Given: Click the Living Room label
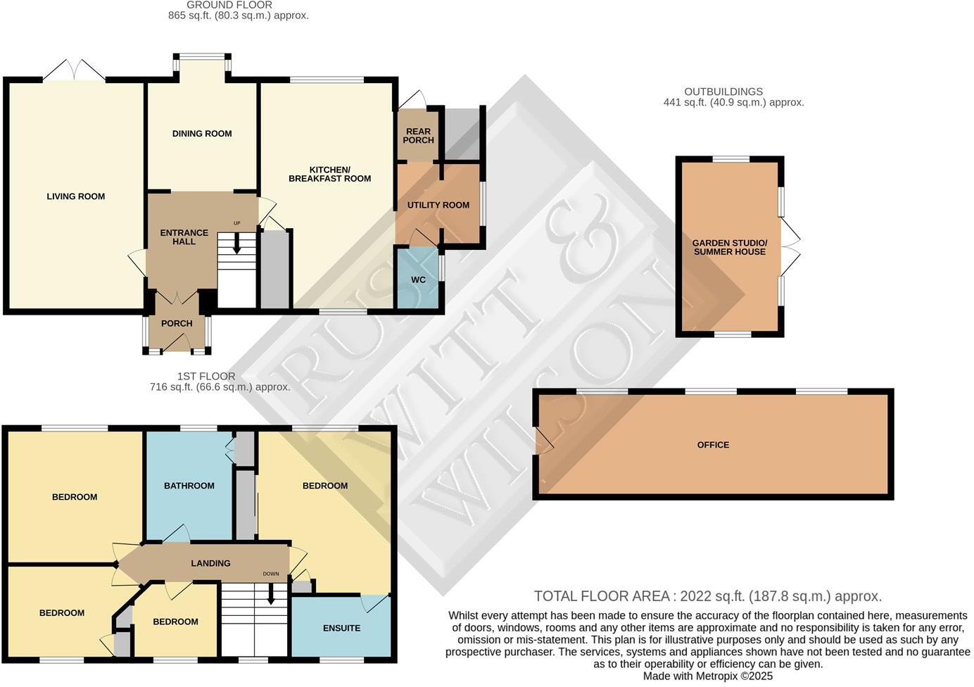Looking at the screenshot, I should (75, 196).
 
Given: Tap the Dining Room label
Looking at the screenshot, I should (202, 134).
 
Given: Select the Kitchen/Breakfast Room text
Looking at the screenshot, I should (329, 174).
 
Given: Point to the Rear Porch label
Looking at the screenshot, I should (418, 136).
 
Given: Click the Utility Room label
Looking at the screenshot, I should (438, 206).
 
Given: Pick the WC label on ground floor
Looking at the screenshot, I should (418, 280).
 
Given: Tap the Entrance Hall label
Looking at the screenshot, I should (184, 237).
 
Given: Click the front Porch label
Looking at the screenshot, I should (177, 324).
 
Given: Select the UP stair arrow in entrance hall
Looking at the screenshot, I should (236, 243).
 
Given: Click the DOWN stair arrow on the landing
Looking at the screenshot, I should (271, 595).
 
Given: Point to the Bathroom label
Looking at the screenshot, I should (189, 486).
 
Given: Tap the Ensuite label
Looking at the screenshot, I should (341, 628).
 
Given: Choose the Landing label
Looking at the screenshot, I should (210, 563).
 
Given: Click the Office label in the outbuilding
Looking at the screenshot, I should (713, 445).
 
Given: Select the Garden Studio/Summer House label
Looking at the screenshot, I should (730, 247).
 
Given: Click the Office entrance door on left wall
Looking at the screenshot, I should (543, 441).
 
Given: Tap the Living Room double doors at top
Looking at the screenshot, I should (75, 70).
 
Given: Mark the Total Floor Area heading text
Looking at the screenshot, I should (707, 596).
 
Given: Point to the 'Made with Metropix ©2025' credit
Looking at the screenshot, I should (708, 676).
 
